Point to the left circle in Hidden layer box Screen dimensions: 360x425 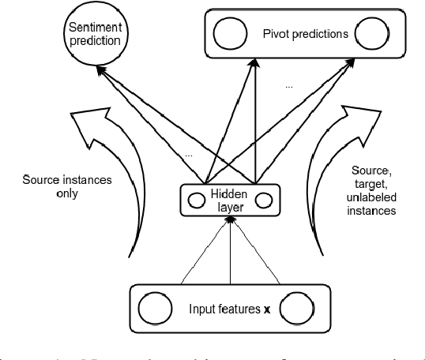[x=195, y=198]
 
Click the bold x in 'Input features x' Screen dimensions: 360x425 [x=265, y=306]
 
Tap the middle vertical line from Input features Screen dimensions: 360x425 [x=230, y=253]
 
